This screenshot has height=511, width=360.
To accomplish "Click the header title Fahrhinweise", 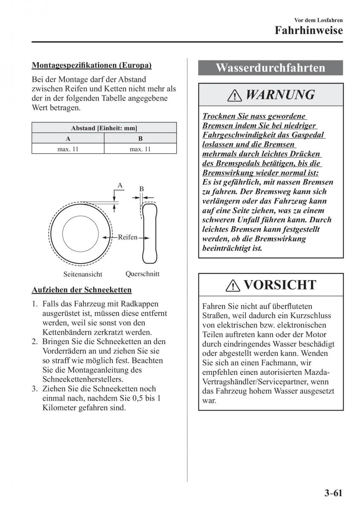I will point(308,31).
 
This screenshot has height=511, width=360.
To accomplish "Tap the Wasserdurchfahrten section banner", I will point(271,68).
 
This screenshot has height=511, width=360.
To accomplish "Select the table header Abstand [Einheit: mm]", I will point(104,128).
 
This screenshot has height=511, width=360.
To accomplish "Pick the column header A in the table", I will point(68,139).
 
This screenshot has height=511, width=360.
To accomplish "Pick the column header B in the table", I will point(140,139).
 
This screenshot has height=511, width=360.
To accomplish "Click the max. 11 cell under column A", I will point(68,149).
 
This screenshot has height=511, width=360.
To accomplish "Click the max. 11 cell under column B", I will point(140,149).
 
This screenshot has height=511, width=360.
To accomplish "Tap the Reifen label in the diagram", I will point(127,237).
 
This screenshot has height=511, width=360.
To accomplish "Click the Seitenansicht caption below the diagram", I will point(83,275).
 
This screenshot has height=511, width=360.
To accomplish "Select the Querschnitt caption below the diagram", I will point(142,274).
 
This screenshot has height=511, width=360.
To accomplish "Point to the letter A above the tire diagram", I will point(120,185).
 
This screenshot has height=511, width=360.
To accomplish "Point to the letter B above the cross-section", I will point(141,189).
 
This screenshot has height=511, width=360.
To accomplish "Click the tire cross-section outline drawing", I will point(150,234).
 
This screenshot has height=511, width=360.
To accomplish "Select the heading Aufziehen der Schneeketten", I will point(82,290).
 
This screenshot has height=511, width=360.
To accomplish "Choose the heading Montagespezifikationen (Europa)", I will point(92,65).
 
